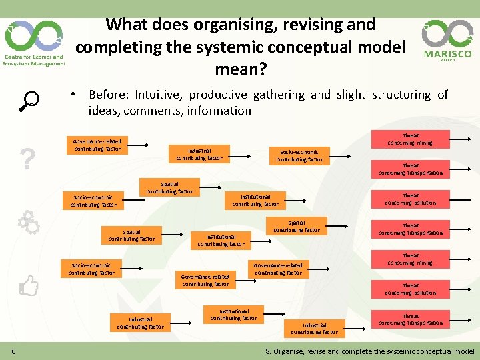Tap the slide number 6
pyautogui.click(x=14, y=351)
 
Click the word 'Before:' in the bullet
pyautogui.click(x=111, y=95)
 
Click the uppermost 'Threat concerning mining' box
pyautogui.click(x=410, y=139)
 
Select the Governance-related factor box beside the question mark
pyautogui.click(x=97, y=145)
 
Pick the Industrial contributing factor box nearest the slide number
pyautogui.click(x=140, y=323)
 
